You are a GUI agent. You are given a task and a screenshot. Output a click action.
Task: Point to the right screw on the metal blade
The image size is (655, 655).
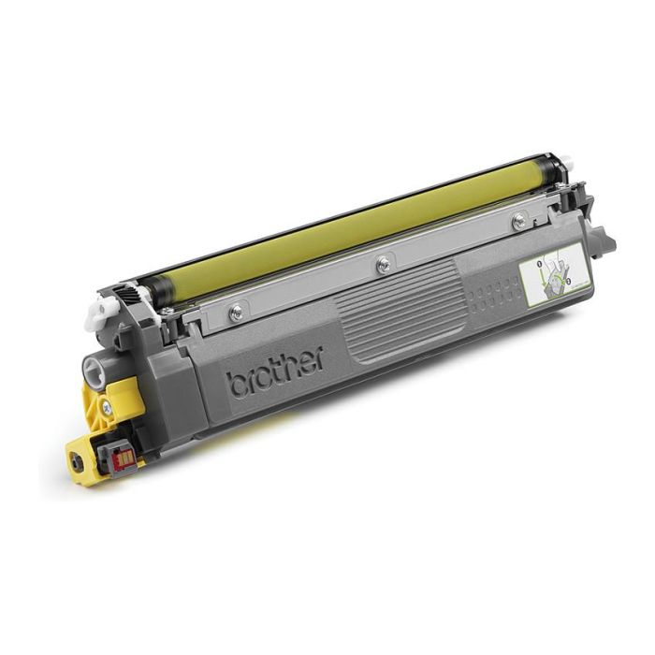[518, 221]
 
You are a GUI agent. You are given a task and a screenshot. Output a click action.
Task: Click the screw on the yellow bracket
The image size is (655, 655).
[109, 407]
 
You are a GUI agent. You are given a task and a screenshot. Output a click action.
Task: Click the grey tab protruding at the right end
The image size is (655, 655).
[604, 242]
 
